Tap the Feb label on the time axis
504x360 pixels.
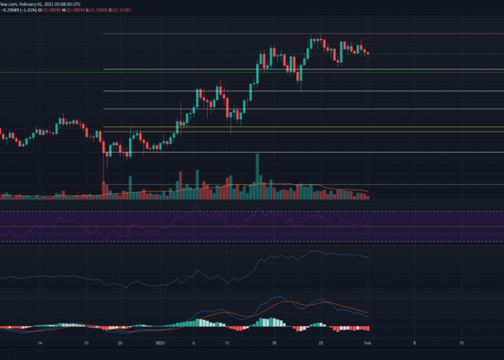368,343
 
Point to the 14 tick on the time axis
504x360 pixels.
40,343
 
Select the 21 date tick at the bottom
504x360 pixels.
87,343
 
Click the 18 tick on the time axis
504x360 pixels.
274,343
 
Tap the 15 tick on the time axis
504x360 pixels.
461,343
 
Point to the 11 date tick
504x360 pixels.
227,343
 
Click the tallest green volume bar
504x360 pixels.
257,176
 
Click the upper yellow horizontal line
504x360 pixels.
302,127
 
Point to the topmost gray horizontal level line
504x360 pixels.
302,33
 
